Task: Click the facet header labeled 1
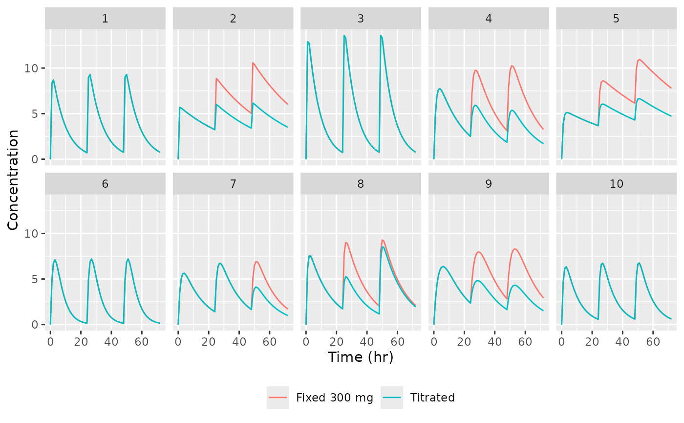point(105,19)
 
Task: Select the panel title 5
point(616,19)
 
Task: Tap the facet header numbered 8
point(361,184)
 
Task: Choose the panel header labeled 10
point(616,184)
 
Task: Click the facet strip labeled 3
point(361,19)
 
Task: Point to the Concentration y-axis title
point(13,180)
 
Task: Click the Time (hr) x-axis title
point(361,357)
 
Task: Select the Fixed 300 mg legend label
point(335,398)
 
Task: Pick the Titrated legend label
point(432,398)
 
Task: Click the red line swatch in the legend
point(278,398)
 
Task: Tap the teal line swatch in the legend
point(392,398)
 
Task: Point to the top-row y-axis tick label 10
point(31,68)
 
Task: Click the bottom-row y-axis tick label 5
point(35,279)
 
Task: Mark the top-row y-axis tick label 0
point(35,159)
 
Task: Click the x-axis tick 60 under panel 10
point(653,342)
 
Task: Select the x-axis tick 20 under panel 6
point(81,342)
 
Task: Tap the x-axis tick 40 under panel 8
point(367,342)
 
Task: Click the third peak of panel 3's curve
point(381,35)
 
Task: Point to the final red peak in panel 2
point(253,63)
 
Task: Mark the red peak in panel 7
point(256,261)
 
